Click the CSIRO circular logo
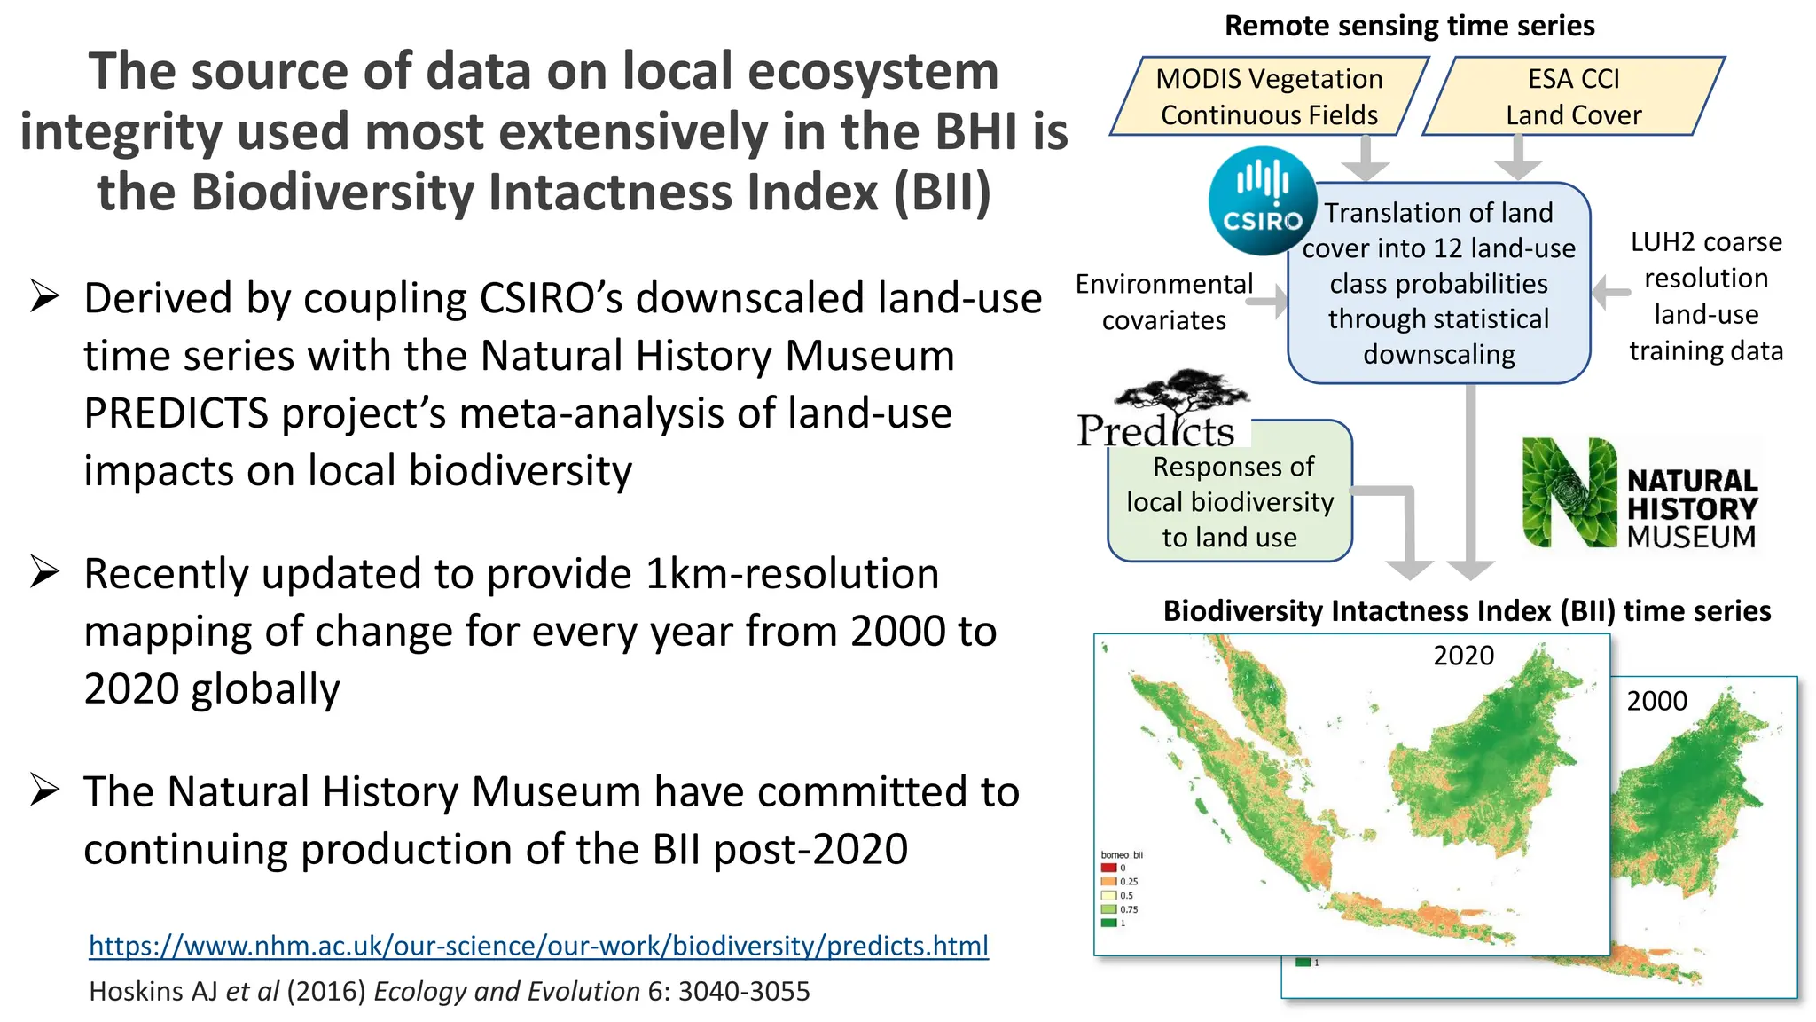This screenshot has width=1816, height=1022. point(1262,201)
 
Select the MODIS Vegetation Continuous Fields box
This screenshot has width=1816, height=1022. point(1269,97)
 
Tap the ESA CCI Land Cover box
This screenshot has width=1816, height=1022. point(1573,97)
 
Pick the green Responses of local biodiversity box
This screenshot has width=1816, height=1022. point(1229,502)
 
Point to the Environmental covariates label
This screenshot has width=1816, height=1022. point(1163,302)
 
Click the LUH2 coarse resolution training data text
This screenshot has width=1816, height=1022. point(1705,296)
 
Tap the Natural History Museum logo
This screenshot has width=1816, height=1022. point(1640,493)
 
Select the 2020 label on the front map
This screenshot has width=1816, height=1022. point(1463,656)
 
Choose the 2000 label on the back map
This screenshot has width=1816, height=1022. point(1656,701)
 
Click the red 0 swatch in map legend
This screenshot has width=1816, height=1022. point(1108,868)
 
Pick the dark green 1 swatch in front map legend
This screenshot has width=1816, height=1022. point(1108,923)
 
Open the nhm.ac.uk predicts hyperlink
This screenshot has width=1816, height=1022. point(538,946)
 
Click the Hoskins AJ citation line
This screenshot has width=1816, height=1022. point(450,991)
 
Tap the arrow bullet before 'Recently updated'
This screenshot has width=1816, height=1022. point(44,572)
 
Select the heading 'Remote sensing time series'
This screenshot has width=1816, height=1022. point(1409,26)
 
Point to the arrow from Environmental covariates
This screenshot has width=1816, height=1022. point(1267,302)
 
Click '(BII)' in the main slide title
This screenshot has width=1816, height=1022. point(942,192)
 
